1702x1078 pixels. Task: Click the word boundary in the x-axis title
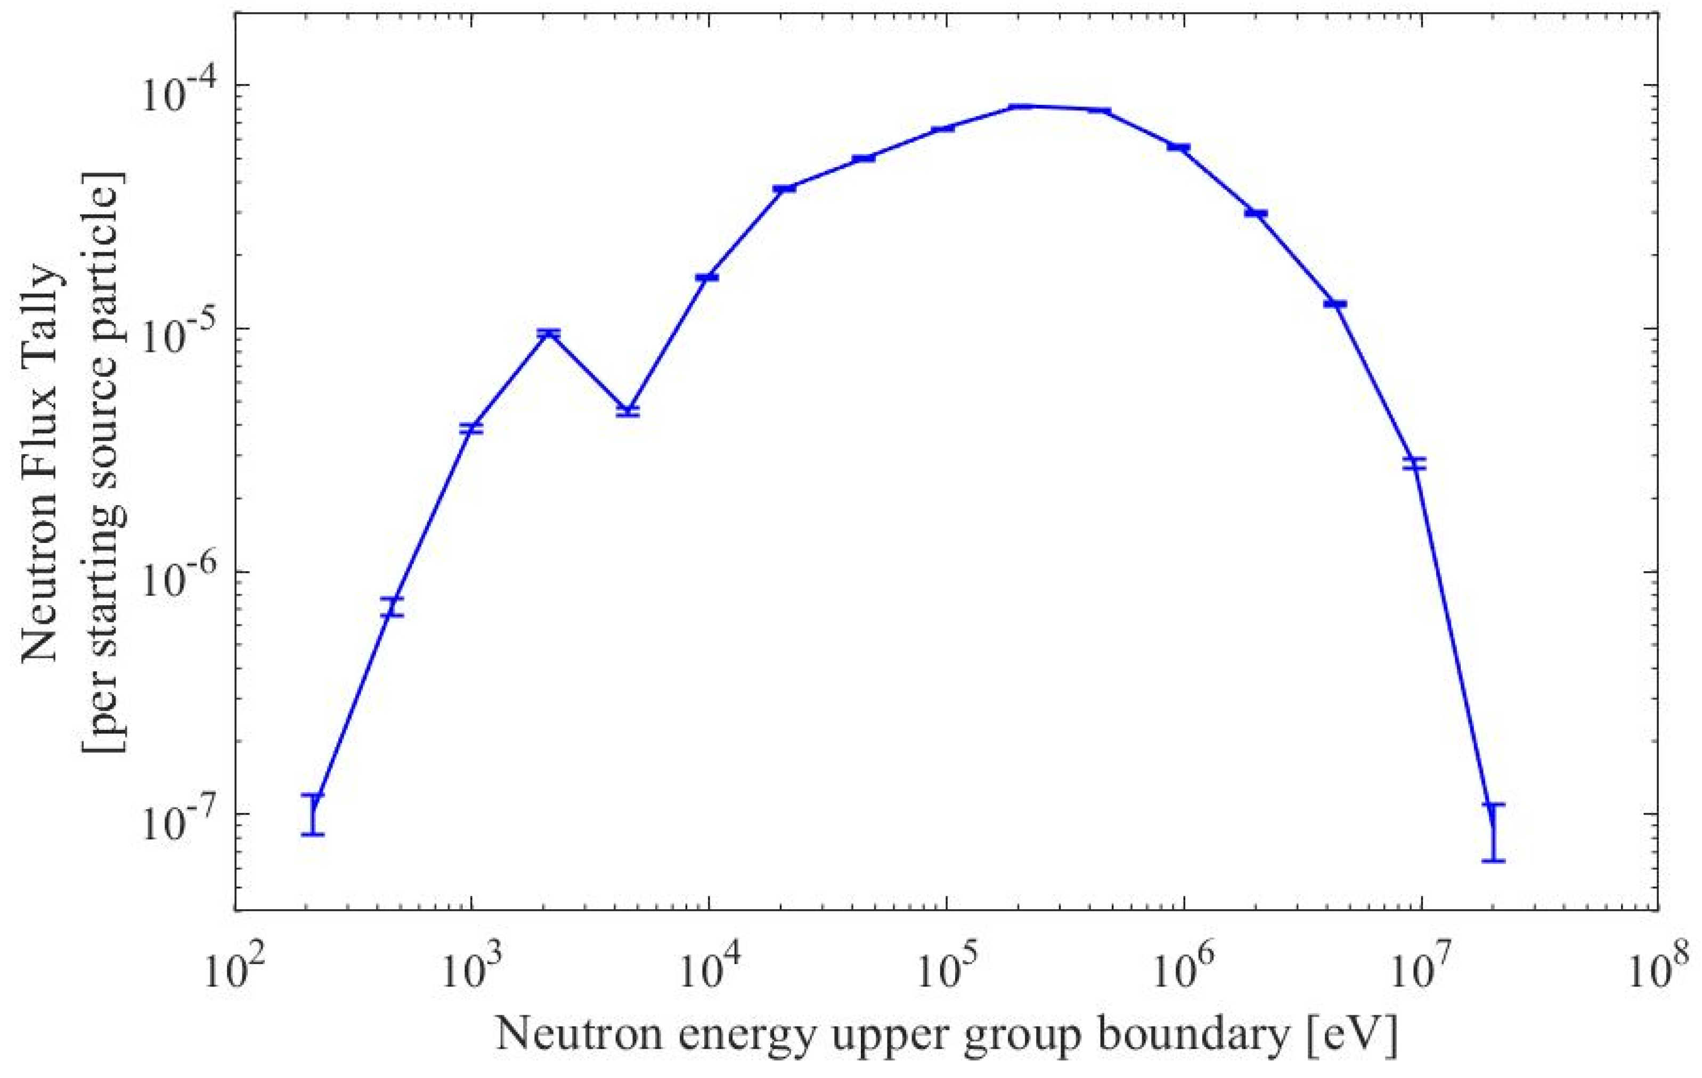(1202, 1035)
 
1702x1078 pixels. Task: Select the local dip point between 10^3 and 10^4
(627, 411)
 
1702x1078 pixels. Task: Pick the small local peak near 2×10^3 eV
(548, 333)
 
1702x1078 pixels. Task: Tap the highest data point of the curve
(1021, 106)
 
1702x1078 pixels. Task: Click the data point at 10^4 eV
(707, 278)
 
